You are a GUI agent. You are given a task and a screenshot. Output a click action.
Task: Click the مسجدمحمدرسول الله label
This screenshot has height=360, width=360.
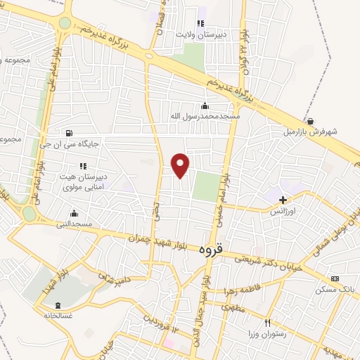205,115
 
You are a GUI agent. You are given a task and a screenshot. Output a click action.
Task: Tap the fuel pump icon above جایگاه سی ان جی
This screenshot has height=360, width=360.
69,132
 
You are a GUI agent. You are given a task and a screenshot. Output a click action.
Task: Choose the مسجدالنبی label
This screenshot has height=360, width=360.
75,224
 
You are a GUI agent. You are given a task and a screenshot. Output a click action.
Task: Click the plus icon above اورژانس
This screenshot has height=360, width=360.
283,200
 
